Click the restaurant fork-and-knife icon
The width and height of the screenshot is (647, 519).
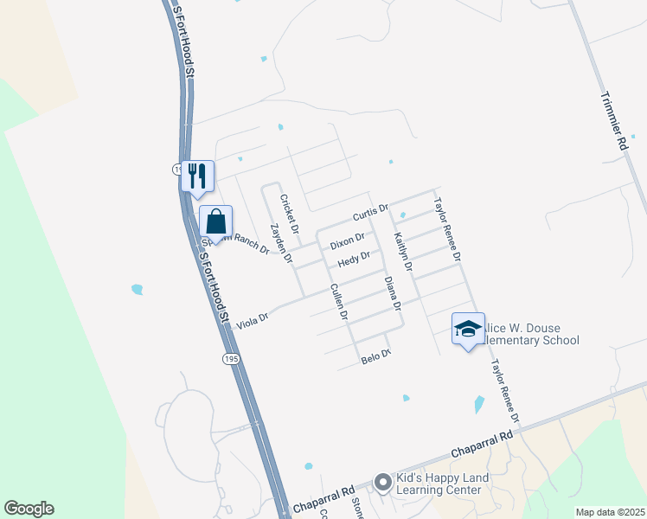click(197, 176)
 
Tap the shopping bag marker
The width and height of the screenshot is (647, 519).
click(215, 221)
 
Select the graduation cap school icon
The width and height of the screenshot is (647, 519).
click(468, 329)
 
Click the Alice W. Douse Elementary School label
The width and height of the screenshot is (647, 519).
click(529, 334)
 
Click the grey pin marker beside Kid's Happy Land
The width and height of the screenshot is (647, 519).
click(382, 481)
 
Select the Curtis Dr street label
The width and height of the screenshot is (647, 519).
click(371, 215)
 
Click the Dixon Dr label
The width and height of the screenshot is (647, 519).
click(347, 240)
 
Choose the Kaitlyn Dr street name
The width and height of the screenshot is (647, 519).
click(402, 252)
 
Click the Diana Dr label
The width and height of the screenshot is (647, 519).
click(391, 293)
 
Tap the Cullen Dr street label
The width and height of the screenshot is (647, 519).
click(338, 302)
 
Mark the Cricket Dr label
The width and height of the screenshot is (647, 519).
click(288, 215)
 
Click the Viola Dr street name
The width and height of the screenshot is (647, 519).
click(252, 318)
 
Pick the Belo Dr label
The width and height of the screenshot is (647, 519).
click(375, 355)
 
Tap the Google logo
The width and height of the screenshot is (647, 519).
click(29, 509)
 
